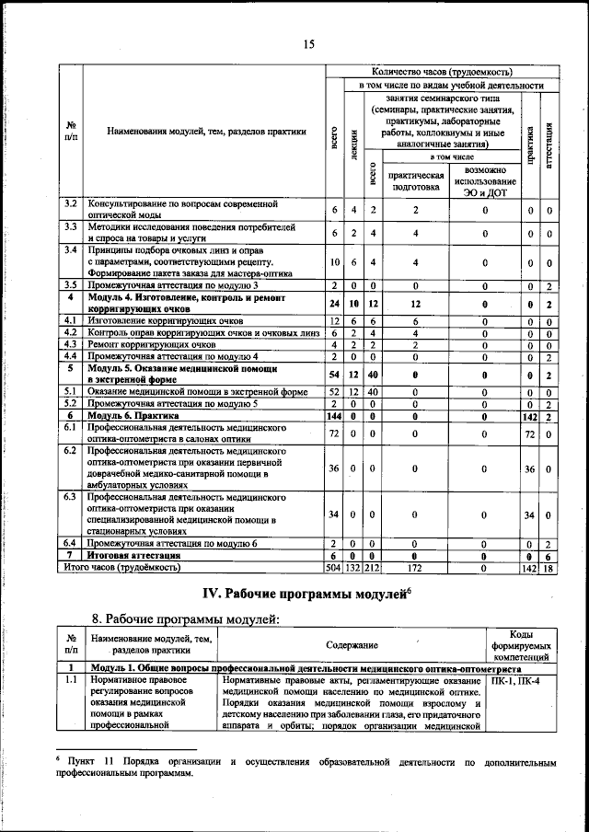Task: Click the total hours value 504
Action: pos(334,569)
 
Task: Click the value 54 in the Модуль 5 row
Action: pos(334,375)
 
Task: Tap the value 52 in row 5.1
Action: pos(334,392)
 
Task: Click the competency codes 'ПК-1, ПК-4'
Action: pos(516,681)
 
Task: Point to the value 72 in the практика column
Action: pos(528,433)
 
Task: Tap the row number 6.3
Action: pos(71,497)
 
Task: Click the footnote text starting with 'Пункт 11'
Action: pos(304,769)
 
